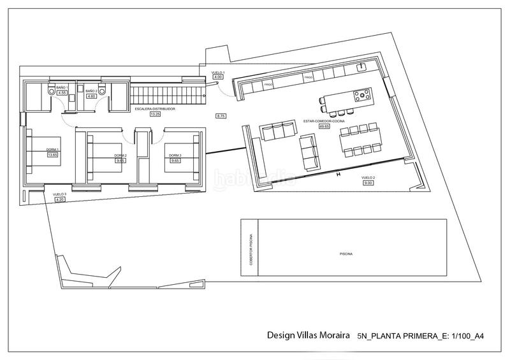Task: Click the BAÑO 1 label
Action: [x=62, y=87]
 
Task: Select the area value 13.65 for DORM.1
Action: [x=52, y=154]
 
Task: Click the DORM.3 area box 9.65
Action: [x=174, y=161]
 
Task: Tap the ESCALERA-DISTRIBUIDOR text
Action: [x=155, y=110]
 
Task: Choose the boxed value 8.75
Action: [x=221, y=116]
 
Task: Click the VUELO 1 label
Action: [x=217, y=73]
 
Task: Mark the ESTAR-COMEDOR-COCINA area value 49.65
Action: [x=324, y=126]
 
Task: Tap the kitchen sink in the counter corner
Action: [x=363, y=66]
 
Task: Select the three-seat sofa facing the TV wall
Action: [x=279, y=132]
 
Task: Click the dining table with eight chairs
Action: [x=360, y=140]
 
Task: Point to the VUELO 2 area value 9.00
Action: [x=368, y=183]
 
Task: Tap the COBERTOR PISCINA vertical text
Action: [x=250, y=248]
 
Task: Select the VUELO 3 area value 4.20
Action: [x=61, y=200]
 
